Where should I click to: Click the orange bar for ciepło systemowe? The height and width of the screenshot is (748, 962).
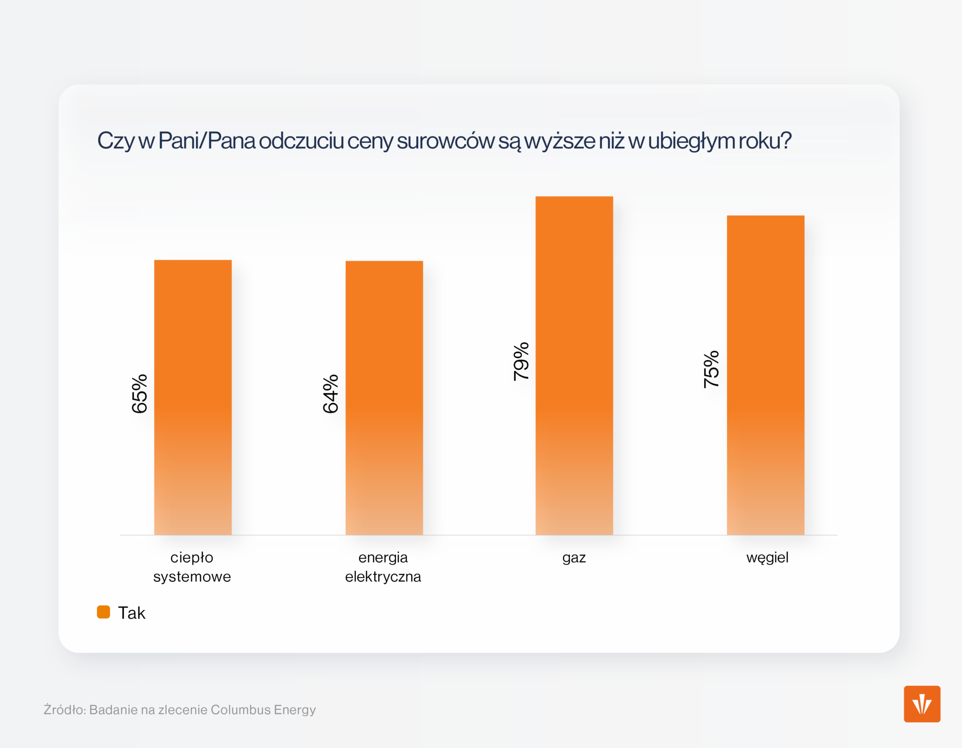193,397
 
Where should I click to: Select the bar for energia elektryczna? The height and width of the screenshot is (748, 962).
384,397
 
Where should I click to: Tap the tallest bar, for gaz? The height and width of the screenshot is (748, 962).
574,365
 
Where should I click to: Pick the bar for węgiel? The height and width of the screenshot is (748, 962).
765,375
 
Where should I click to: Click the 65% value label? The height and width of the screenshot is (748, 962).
140,393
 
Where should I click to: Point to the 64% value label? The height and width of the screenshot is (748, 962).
331,393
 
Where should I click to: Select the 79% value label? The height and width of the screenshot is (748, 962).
521,361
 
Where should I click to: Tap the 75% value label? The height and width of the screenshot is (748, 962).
711,369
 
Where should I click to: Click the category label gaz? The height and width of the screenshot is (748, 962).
574,558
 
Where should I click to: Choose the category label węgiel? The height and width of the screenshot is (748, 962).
767,558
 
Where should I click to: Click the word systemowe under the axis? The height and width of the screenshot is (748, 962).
192,577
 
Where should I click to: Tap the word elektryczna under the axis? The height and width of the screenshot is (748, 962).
383,577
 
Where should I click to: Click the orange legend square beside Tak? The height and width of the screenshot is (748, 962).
103,612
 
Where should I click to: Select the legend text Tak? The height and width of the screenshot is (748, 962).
132,613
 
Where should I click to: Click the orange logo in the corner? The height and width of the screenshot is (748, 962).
922,703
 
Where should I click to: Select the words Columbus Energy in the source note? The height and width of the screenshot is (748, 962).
263,709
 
